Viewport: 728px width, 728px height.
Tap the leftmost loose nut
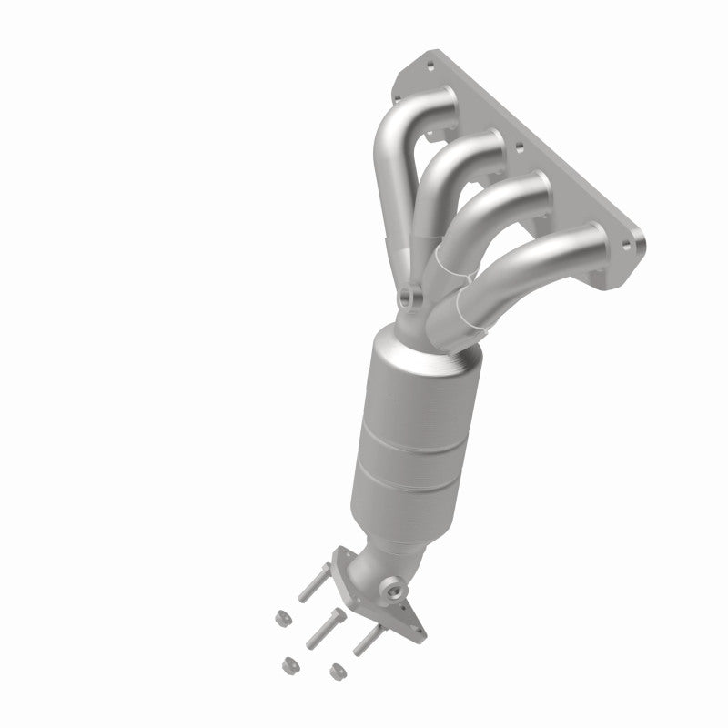pyautogui.click(x=281, y=618)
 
